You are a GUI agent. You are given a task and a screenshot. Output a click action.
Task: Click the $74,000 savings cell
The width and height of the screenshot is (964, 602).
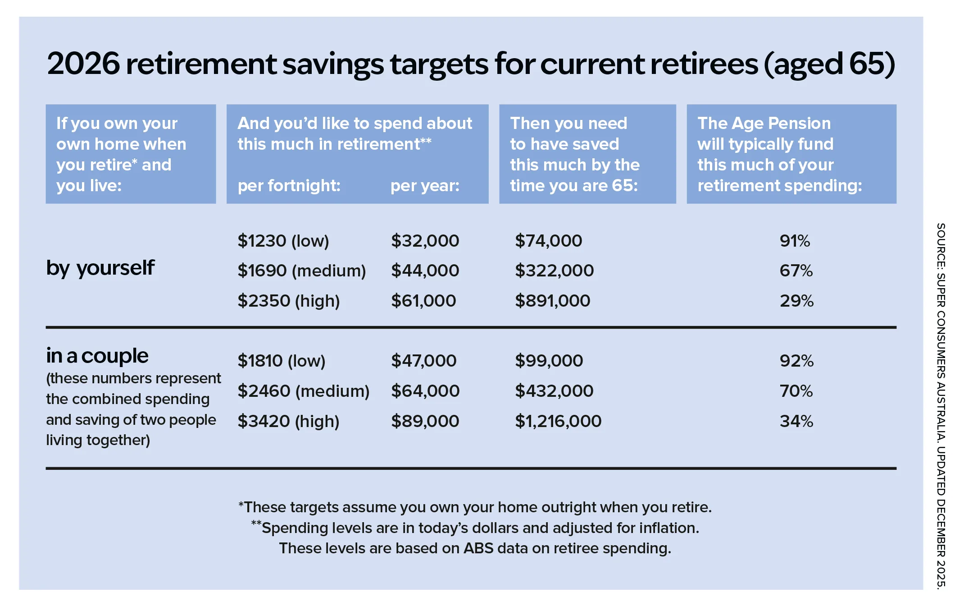click(x=548, y=241)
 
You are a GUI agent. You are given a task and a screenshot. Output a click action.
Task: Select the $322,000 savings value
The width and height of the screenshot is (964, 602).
click(x=554, y=271)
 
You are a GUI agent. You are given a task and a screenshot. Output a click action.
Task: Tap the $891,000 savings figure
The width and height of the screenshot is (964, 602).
click(x=552, y=301)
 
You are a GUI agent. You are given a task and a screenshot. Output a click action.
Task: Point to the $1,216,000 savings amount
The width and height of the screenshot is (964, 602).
click(x=558, y=421)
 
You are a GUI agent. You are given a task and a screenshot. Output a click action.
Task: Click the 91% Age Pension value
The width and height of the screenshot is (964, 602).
click(x=795, y=241)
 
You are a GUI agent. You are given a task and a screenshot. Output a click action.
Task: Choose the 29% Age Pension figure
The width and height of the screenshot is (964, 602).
click(x=796, y=301)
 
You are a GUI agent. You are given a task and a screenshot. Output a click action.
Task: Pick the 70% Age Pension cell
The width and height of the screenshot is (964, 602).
click(x=796, y=391)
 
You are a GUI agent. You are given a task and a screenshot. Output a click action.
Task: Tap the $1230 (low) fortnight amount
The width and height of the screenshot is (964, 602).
click(x=283, y=241)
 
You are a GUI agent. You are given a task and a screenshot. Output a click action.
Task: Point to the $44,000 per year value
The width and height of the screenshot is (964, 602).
click(x=425, y=271)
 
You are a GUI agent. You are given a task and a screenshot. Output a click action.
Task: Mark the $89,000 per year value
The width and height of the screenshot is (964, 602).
click(x=425, y=421)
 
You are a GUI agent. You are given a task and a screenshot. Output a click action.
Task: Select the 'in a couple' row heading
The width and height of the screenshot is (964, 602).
click(x=97, y=356)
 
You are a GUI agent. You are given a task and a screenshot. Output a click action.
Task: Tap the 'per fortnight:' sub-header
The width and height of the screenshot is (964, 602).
click(x=289, y=186)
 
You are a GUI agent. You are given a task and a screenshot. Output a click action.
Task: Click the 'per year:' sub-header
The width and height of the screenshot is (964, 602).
click(x=425, y=186)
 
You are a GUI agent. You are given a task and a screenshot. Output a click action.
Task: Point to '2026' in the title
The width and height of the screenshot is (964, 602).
click(x=84, y=64)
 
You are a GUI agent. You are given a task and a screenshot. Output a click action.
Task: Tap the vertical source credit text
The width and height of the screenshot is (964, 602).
click(x=941, y=406)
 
